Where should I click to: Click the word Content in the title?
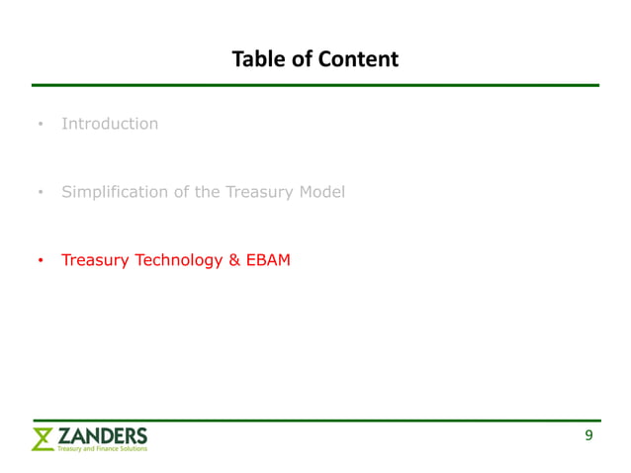[359, 59]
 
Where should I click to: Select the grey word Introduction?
[110, 124]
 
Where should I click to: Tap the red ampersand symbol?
[234, 260]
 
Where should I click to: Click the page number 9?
[588, 435]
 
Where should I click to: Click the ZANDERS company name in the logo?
[102, 434]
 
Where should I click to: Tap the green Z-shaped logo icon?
[43, 439]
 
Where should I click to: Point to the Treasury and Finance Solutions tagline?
[102, 449]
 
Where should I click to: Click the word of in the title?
[303, 59]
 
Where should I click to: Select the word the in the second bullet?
[207, 192]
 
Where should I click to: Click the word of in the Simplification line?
[181, 192]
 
